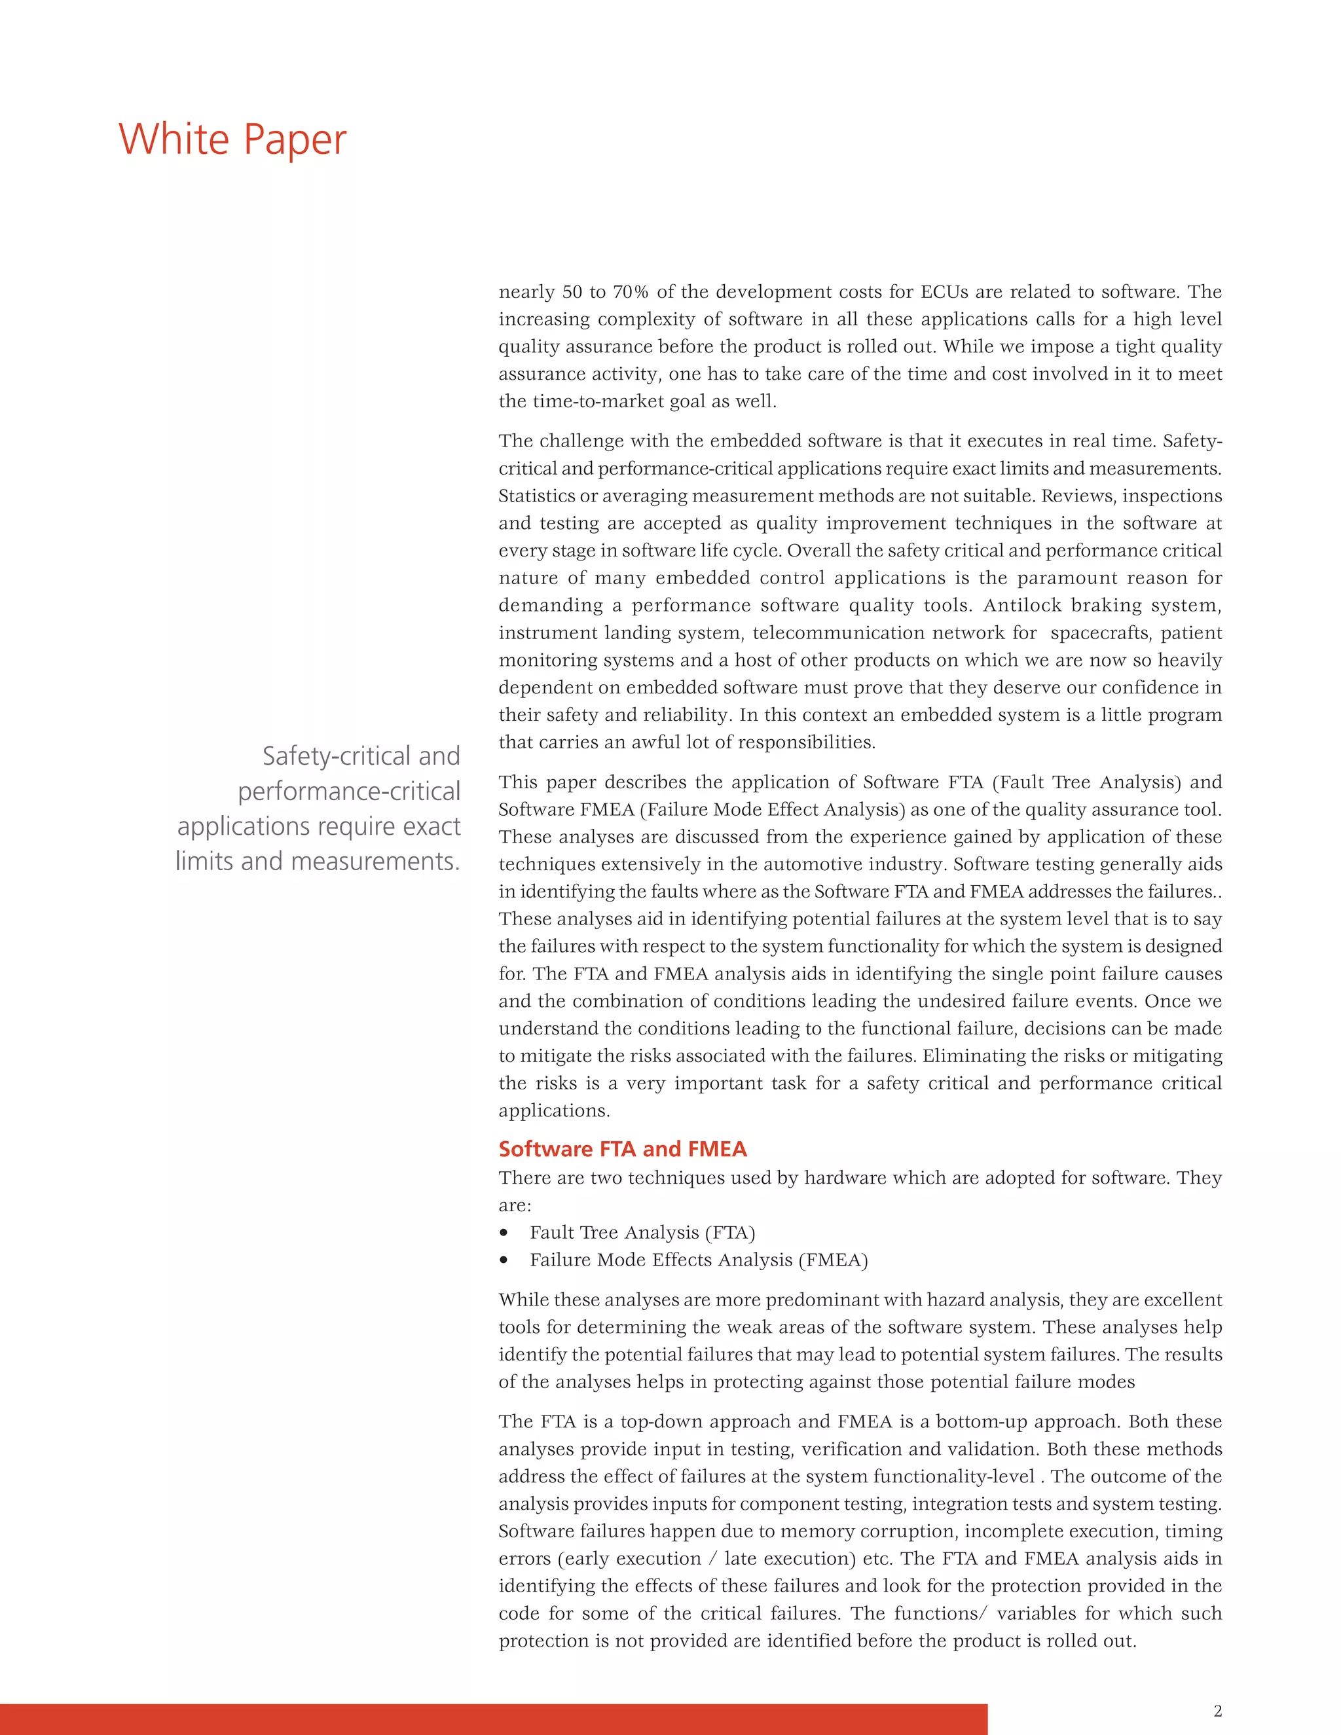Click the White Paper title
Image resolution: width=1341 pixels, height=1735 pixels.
point(232,140)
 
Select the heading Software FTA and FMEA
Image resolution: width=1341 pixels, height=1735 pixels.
point(622,1149)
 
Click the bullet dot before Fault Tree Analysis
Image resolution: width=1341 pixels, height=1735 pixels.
point(504,1233)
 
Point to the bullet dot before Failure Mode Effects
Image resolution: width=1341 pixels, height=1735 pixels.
point(504,1260)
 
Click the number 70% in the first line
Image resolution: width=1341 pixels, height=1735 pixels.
point(631,291)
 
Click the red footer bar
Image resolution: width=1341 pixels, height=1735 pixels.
point(492,1719)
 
